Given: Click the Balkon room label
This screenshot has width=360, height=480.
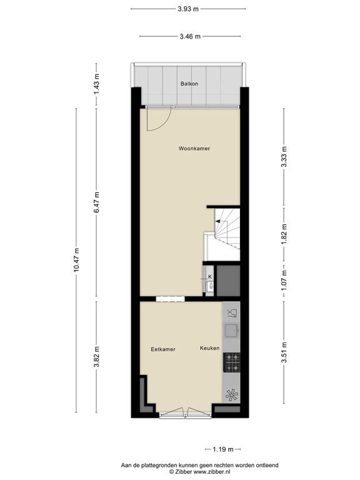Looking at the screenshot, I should coord(189,83).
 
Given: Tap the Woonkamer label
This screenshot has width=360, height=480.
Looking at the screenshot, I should coord(194,149).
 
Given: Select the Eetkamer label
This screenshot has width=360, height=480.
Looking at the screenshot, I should coord(162,349).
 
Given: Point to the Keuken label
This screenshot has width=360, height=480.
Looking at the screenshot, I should coord(210,348).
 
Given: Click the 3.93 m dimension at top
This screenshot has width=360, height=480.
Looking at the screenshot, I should coord(188,8).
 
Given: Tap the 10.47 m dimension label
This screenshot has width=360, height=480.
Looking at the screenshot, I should coord(76,260).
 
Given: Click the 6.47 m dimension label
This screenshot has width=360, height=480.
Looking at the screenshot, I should coord(96,202).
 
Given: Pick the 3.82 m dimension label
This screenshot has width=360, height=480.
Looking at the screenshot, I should coord(96,357).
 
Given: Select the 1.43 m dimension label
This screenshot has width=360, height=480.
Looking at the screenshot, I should coord(96,84).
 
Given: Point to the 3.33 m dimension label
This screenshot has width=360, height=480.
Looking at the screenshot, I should coord(284,157).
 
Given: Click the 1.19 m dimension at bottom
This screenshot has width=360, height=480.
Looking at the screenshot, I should coord(222,449).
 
